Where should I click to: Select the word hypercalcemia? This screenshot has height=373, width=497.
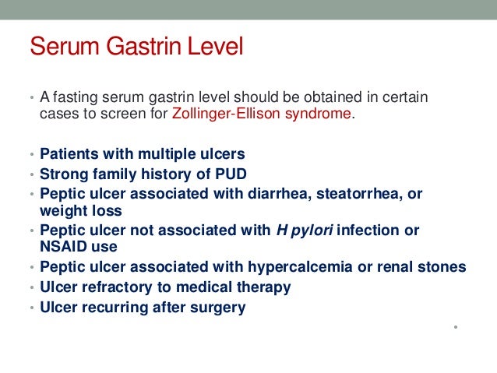[288, 267]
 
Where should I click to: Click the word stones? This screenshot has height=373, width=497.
[445, 267]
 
